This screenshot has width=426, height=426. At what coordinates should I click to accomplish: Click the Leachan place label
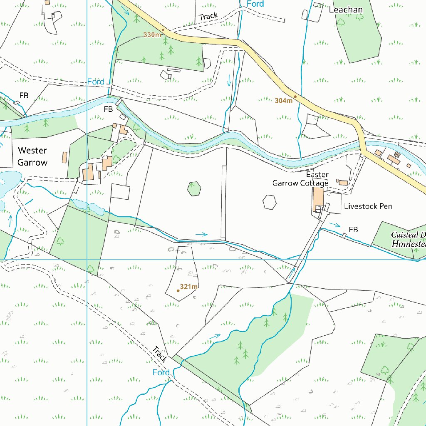click(346, 10)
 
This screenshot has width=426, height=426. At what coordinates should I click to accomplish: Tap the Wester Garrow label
click(32, 156)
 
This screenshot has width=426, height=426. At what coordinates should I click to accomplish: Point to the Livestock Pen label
click(368, 206)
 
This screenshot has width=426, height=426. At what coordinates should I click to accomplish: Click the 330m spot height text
click(152, 35)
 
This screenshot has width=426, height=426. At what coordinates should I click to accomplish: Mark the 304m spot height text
click(283, 101)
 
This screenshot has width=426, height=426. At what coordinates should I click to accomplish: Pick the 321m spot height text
click(188, 287)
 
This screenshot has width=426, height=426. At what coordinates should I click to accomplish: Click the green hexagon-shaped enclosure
click(194, 189)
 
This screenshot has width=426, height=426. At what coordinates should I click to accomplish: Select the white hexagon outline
click(270, 203)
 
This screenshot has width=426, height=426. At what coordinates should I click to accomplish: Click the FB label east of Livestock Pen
click(353, 230)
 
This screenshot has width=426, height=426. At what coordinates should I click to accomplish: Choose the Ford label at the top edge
click(255, 4)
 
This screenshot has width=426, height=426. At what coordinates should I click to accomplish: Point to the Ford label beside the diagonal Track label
click(161, 372)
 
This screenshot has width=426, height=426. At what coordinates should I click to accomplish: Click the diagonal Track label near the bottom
click(160, 354)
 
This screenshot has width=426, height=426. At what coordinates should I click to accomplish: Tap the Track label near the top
click(208, 17)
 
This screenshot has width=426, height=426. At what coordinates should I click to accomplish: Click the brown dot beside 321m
click(178, 291)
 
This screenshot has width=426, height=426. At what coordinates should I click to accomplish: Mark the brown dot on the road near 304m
click(295, 97)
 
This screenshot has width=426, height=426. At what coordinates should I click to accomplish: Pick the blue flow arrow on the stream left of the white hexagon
click(202, 235)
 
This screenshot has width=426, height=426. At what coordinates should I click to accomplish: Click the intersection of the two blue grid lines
click(87, 260)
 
